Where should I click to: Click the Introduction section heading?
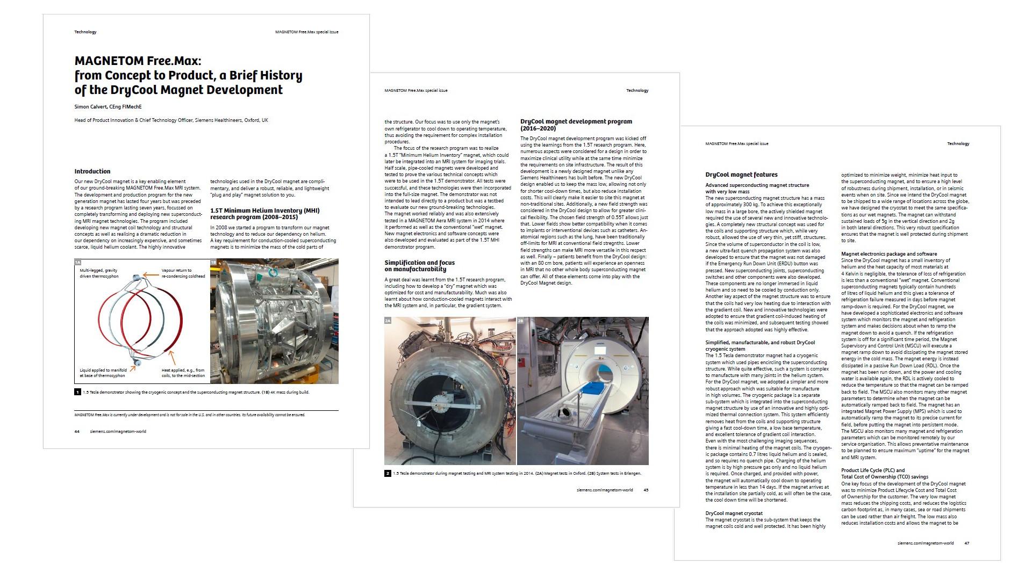(x=92, y=171)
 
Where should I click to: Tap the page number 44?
(x=77, y=431)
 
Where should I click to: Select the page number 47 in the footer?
(x=967, y=543)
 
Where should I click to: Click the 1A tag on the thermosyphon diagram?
(x=78, y=262)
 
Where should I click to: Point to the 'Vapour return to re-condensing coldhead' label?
(x=183, y=273)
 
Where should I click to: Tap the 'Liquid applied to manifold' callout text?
(x=103, y=373)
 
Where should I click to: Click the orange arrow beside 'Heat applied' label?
(x=172, y=357)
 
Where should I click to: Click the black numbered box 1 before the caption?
(x=78, y=392)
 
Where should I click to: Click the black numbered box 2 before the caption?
(x=388, y=473)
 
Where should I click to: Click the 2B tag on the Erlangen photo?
(x=520, y=321)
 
